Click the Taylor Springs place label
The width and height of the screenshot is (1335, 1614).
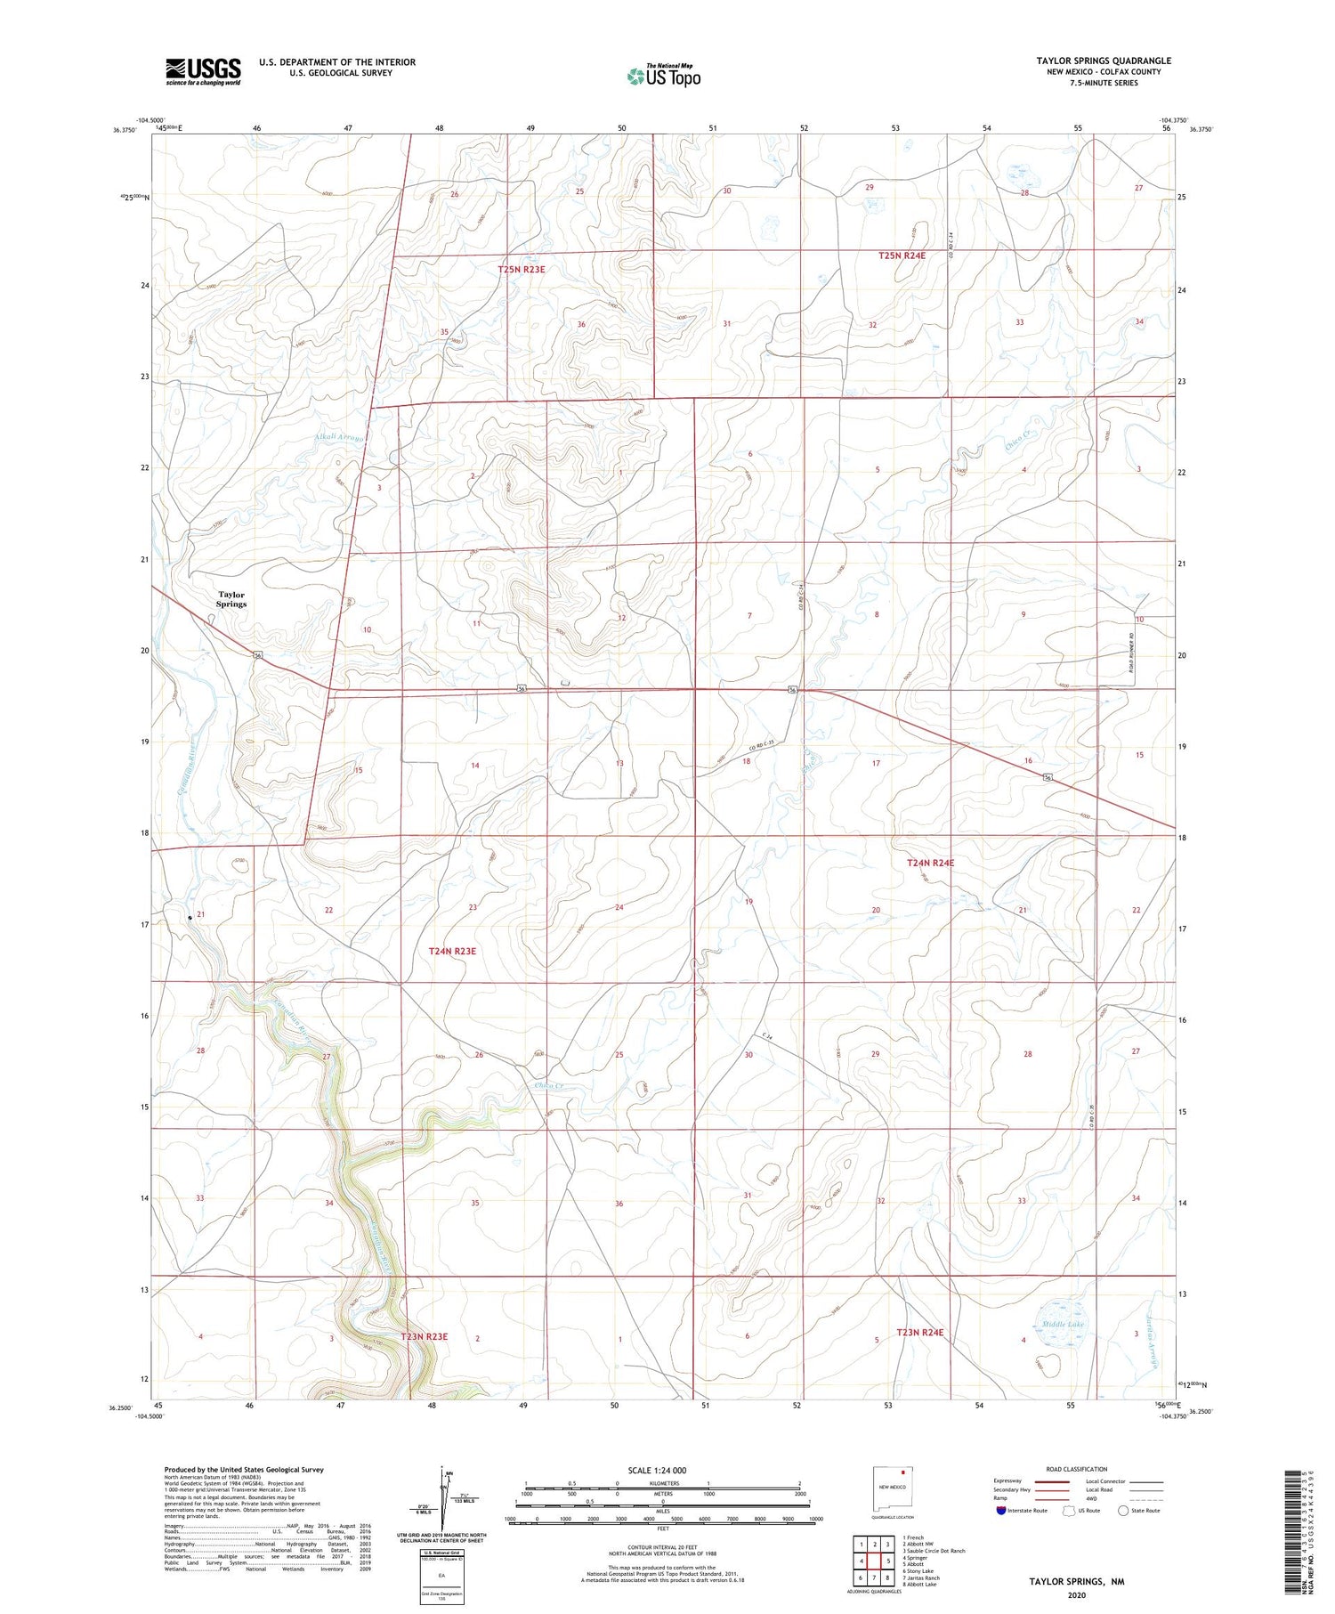pos(231,599)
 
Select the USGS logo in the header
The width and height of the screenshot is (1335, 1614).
pos(203,71)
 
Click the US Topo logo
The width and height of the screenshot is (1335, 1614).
pos(664,76)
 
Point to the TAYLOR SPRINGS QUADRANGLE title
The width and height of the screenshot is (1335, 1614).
pos(1103,61)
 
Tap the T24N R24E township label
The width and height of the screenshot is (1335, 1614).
pos(930,863)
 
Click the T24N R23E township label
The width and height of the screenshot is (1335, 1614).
pos(452,952)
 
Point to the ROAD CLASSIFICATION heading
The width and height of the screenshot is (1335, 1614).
pos(1076,1469)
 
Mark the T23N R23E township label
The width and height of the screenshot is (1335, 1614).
pos(424,1337)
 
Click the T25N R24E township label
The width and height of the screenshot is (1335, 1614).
pos(902,255)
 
